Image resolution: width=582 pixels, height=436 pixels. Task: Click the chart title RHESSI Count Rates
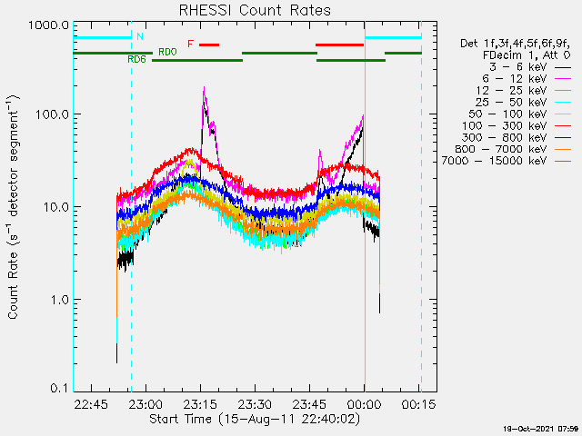247,10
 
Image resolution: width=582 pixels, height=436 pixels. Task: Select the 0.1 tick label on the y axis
58,389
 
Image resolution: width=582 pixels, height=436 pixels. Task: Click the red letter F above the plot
190,44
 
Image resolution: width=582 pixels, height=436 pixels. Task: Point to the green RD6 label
136,59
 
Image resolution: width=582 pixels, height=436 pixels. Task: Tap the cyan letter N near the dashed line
140,36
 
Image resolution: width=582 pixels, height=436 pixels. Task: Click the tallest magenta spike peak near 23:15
204,87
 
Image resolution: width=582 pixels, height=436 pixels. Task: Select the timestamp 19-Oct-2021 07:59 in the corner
541,428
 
